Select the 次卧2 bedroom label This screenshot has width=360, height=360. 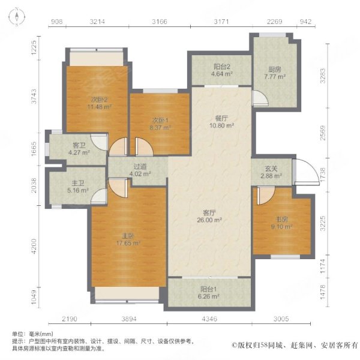[x=98, y=100]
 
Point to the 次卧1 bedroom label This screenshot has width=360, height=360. [x=160, y=119]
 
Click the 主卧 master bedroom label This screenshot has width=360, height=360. [x=128, y=235]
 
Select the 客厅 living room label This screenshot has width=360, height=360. [x=209, y=212]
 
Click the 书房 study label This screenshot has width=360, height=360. [x=281, y=219]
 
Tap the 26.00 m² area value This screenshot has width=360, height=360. [x=209, y=220]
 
